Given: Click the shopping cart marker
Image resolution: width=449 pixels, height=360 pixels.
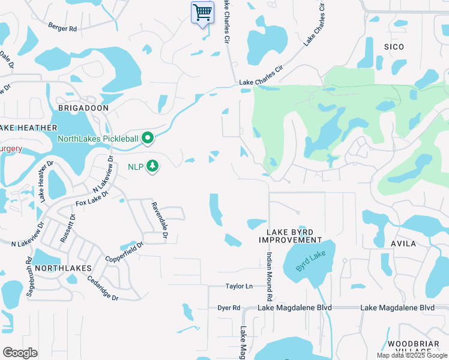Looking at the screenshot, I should point(202,13).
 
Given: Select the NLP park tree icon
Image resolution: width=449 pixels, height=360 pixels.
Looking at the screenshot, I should point(153,166).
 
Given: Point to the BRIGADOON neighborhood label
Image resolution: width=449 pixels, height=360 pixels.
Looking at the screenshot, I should point(83,108).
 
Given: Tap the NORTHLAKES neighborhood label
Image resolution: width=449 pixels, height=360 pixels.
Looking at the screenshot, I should point(63,268).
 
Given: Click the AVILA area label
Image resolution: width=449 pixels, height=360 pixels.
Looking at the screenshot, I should point(403,244).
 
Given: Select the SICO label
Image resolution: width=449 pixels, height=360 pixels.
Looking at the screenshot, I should point(394,47).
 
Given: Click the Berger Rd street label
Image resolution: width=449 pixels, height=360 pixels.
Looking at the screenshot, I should point(62,28).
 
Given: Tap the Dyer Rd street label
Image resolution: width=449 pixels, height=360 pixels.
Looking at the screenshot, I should point(229,308).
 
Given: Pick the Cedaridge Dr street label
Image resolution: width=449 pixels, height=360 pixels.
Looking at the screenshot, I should point(103,287).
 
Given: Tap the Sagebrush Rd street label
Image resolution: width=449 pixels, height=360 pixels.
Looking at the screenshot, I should point(29,278).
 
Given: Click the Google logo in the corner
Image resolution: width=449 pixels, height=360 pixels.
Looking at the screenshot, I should point(20,353).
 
